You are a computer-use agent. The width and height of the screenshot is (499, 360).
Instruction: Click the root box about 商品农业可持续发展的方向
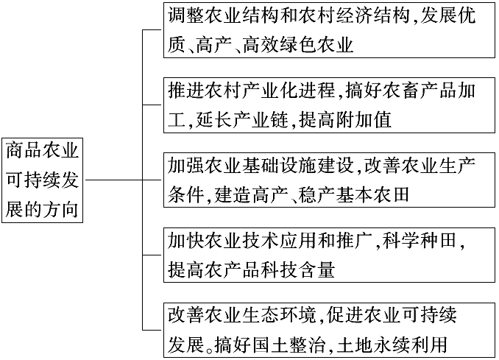coord(43,180)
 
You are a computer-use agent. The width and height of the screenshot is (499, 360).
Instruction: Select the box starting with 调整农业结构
coord(330,30)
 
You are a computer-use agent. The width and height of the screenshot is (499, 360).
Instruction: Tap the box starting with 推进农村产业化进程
coord(330,105)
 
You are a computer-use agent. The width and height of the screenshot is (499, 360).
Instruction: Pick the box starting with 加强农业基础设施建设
coord(330,180)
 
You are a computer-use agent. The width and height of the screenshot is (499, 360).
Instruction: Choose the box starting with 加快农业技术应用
coord(330,255)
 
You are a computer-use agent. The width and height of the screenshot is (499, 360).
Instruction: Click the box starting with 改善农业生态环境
coord(330,330)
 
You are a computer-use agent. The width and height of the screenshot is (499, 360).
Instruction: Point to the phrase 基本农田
coord(372,194)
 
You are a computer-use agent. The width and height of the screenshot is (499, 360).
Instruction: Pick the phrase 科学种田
coord(420,240)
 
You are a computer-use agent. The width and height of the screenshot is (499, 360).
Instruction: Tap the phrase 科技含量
coord(297,269)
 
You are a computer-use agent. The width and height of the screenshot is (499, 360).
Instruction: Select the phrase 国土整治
coord(289,345)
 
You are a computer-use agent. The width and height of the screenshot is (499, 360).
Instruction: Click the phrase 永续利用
coord(410,345)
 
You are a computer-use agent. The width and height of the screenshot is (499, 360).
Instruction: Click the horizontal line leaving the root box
coord(114,180)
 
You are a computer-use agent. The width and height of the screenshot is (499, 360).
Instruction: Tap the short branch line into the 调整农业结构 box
coord(153,30)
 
